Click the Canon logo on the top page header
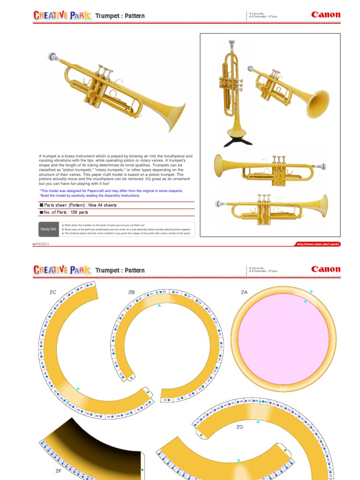[x=326, y=15]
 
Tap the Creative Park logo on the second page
[x=62, y=270]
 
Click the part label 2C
[x=53, y=292]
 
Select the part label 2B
[x=131, y=292]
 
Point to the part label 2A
[x=244, y=292]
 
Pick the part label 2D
[x=240, y=427]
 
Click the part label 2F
[x=59, y=470]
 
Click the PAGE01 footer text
[x=42, y=244]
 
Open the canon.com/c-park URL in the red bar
[x=317, y=244]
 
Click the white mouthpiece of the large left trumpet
[x=53, y=57]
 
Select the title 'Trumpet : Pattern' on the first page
[x=120, y=16]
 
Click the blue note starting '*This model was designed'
[x=111, y=191]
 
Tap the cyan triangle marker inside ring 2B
[x=159, y=306]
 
